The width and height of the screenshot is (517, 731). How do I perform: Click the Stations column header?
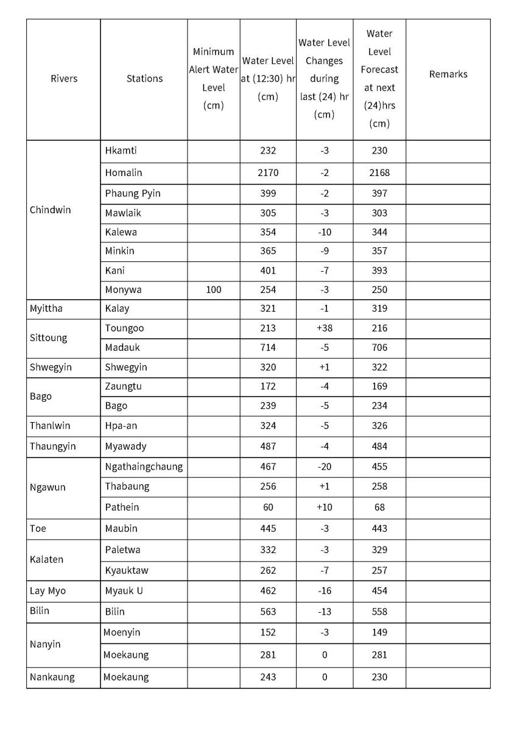click(x=144, y=79)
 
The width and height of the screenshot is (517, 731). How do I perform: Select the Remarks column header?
click(x=448, y=74)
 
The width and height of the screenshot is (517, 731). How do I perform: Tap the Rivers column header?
click(x=64, y=79)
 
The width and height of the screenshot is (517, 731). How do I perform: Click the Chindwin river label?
click(x=50, y=210)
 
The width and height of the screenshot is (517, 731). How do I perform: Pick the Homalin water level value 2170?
click(x=268, y=173)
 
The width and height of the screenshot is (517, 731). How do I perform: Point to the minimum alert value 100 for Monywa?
click(x=213, y=290)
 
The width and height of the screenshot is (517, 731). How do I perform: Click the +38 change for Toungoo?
click(x=324, y=328)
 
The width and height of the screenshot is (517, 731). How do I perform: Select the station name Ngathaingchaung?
click(x=144, y=467)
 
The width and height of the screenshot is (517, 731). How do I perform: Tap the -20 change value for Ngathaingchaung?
click(x=324, y=467)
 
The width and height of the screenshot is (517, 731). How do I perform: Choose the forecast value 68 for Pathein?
click(x=379, y=507)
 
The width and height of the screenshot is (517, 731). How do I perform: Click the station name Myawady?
click(x=125, y=447)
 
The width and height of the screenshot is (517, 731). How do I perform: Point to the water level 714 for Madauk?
click(x=268, y=348)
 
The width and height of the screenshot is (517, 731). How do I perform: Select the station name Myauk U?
click(x=124, y=591)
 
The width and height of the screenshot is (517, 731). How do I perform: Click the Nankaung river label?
click(x=52, y=677)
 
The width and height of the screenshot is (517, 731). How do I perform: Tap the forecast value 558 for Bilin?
click(x=379, y=612)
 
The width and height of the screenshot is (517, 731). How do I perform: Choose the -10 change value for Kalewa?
click(x=324, y=232)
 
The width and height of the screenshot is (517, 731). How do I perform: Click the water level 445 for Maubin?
click(x=268, y=528)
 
